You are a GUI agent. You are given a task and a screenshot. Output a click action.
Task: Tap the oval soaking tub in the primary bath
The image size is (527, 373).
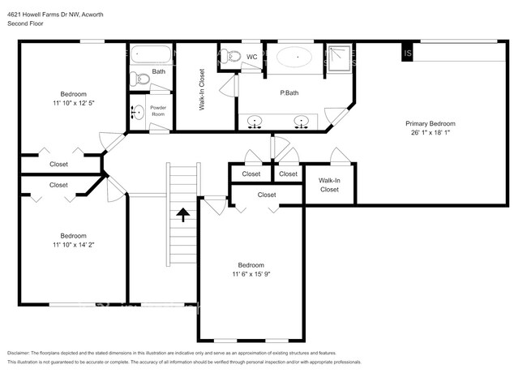(x=295, y=58)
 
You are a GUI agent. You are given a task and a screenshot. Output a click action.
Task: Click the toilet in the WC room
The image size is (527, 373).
(x=233, y=57)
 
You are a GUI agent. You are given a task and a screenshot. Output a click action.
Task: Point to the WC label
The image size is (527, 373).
(x=252, y=58)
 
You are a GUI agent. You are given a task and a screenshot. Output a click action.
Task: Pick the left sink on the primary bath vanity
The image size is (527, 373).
(x=256, y=122)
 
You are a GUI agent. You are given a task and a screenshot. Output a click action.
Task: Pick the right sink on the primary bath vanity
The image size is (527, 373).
(x=302, y=122)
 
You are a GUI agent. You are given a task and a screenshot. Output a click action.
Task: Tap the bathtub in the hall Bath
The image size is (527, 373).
(x=150, y=56)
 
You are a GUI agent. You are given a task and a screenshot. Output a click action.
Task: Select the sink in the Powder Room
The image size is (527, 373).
(x=137, y=112)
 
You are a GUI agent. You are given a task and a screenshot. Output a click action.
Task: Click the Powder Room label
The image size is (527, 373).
(x=157, y=110)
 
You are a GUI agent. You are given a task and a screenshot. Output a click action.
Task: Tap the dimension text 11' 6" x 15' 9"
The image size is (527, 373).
(x=251, y=274)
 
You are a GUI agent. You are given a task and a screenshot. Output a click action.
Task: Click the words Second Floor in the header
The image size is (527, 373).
(x=26, y=24)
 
